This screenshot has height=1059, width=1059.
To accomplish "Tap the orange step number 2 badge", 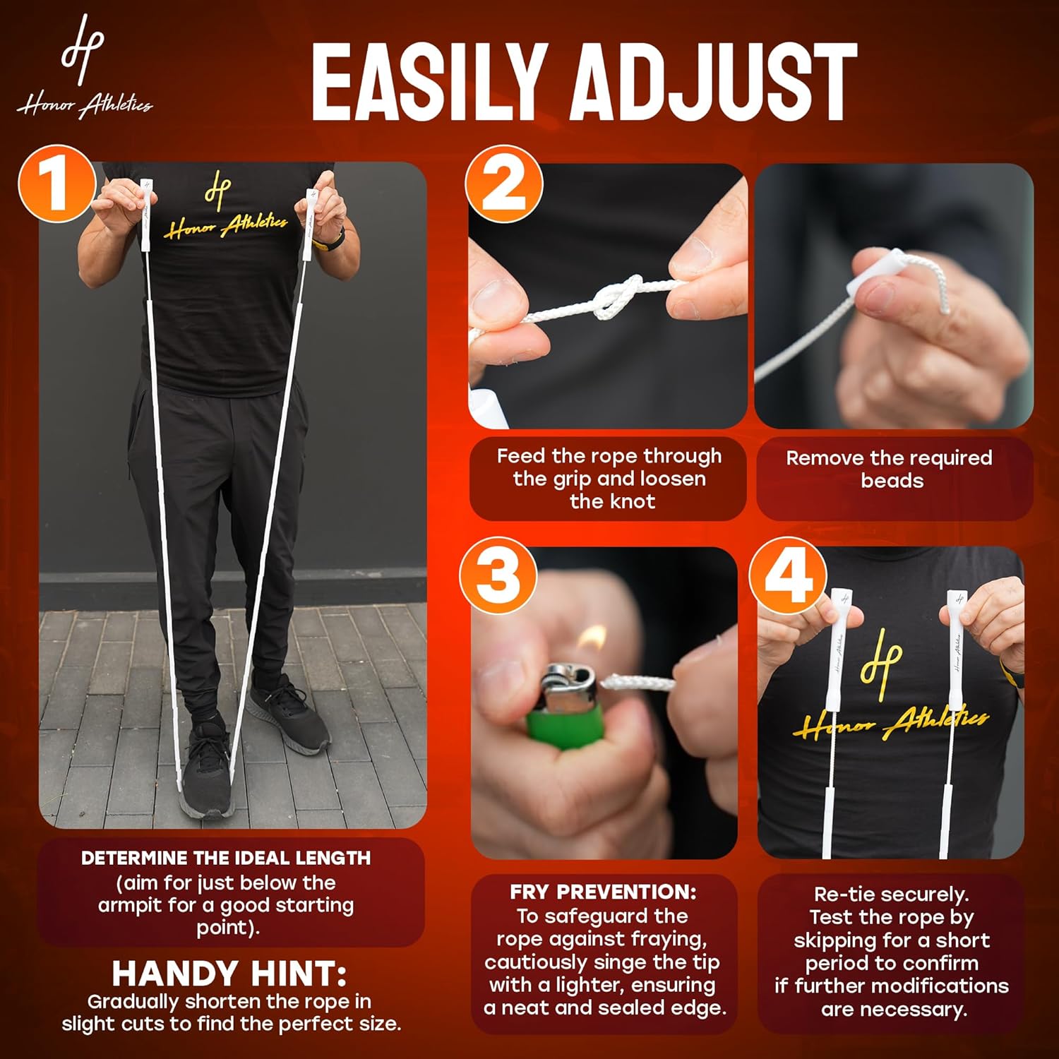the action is coord(504,185).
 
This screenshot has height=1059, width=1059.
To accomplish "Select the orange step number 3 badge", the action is coord(498,575).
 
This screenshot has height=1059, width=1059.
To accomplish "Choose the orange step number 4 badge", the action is coord(789,575).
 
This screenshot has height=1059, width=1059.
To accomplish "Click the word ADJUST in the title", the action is coord(714,83).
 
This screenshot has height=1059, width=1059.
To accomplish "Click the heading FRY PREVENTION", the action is coord(603,892).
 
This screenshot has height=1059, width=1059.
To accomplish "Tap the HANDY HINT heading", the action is coord(229,974).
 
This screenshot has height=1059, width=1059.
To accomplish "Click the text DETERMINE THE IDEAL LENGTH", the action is coord(226,858).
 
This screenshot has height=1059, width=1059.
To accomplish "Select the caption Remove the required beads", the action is coord(890,469).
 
